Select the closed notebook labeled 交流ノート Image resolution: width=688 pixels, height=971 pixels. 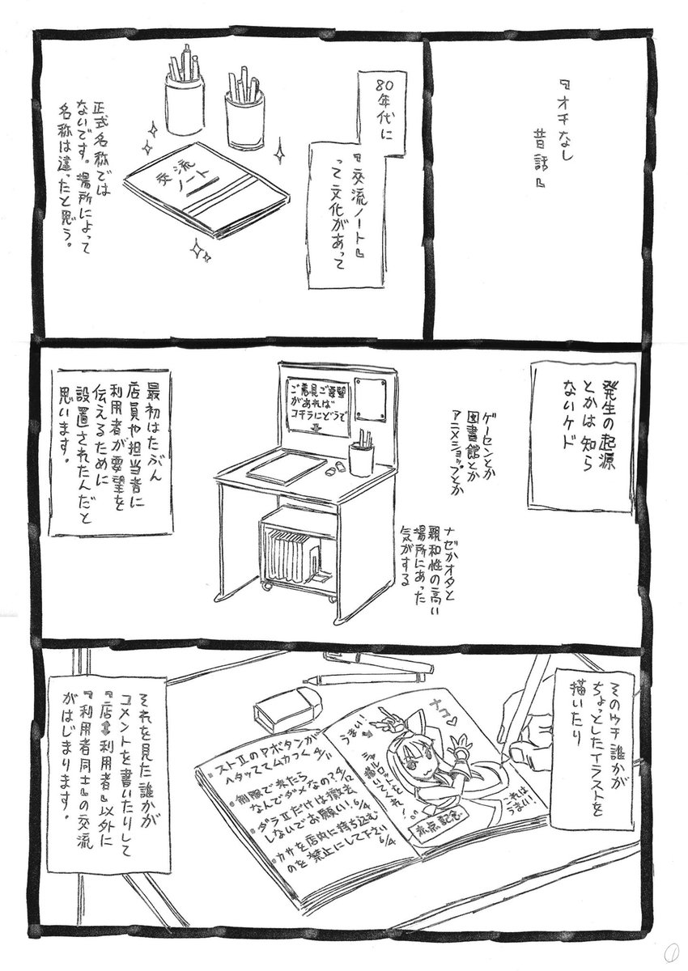pos(199,189)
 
